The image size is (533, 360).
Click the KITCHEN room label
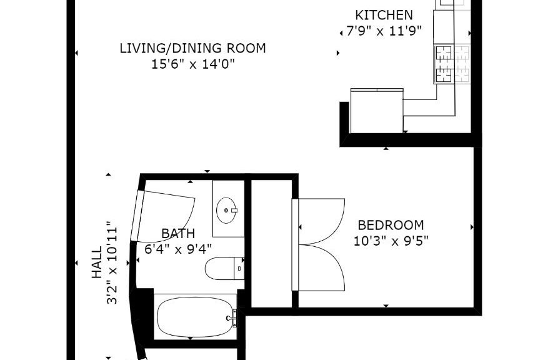pyautogui.click(x=384, y=15)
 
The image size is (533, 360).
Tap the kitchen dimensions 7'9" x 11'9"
pyautogui.click(x=384, y=31)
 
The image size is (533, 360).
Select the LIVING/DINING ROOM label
pyautogui.click(x=192, y=48)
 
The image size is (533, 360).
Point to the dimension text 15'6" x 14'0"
pyautogui.click(x=193, y=64)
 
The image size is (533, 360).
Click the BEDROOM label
pyautogui.click(x=391, y=225)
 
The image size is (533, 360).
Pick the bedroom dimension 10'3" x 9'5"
pyautogui.click(x=391, y=241)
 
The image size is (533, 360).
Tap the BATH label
pyautogui.click(x=178, y=234)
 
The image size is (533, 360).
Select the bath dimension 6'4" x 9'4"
pyautogui.click(x=178, y=249)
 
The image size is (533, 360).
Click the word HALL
pyautogui.click(x=97, y=262)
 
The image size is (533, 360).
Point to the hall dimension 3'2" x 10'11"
pyautogui.click(x=112, y=262)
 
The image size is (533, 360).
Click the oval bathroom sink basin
pyautogui.click(x=226, y=211)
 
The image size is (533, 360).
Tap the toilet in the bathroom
pyautogui.click(x=224, y=269)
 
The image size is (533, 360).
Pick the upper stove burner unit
pyautogui.click(x=444, y=54)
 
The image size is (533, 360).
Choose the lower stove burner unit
pyautogui.click(x=444, y=74)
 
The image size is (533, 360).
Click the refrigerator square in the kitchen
pyautogui.click(x=377, y=111)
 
